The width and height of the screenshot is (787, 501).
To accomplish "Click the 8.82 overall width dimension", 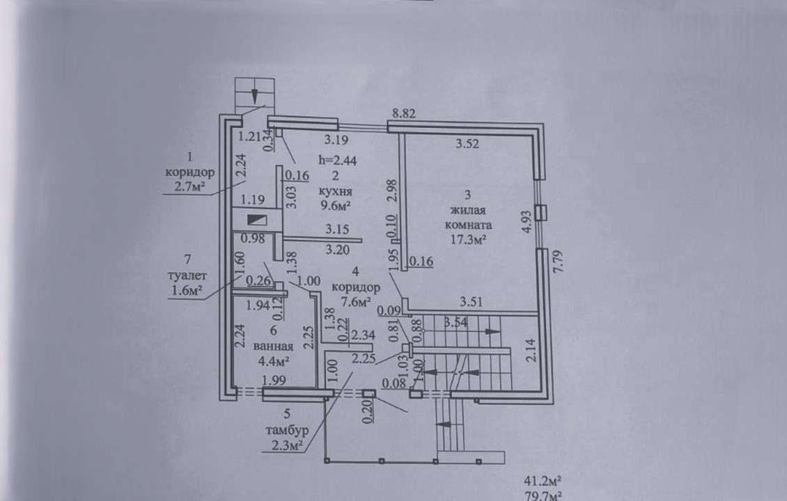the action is click(404, 113).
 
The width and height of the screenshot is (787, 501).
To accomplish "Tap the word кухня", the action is click(335, 191).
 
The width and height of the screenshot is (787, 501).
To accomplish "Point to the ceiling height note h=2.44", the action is click(338, 161).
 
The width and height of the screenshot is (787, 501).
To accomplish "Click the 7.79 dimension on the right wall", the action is click(558, 261).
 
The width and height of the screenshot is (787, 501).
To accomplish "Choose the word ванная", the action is click(274, 346).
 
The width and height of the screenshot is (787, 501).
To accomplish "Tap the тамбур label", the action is click(287, 430).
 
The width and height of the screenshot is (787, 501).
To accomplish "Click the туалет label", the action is click(187, 276).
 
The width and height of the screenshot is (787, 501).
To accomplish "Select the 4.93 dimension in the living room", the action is click(526, 222).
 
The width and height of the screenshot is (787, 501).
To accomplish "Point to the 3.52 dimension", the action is click(467, 144).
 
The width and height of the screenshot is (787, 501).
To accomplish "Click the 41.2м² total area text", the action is click(543, 481).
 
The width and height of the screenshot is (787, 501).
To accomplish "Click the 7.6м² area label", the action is click(355, 301).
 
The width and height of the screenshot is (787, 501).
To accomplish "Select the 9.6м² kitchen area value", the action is click(335, 205).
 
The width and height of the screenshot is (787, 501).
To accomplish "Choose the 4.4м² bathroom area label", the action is click(273, 360).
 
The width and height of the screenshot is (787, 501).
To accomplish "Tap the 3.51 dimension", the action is click(472, 302).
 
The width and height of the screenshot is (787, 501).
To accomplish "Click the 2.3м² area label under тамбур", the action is click(287, 445).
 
